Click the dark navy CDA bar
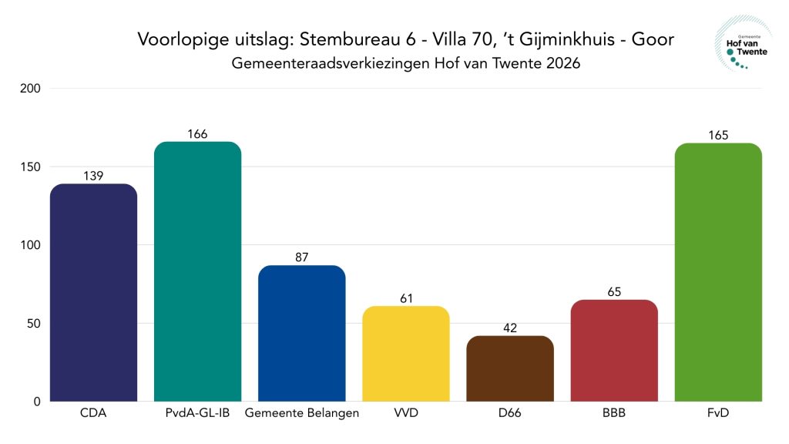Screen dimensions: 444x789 point(93,293)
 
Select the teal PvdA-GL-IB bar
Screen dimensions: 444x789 point(197,271)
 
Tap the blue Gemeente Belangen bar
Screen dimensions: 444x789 point(301,333)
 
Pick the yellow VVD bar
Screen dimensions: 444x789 point(405,353)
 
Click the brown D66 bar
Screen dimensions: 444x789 point(509,368)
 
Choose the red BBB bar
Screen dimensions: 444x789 point(613,350)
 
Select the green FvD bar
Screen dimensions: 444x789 point(717,272)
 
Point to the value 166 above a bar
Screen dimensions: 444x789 point(197,134)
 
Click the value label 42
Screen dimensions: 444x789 point(509,328)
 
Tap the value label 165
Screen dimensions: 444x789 point(717,136)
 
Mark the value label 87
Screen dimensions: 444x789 point(301,257)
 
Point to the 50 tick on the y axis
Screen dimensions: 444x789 point(33,323)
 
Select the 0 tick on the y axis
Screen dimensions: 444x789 point(36,402)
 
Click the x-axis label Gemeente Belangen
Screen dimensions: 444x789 point(301,413)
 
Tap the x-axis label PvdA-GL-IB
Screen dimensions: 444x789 point(197,413)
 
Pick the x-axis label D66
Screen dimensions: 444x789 point(509,413)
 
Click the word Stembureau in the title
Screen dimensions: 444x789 point(344,39)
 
